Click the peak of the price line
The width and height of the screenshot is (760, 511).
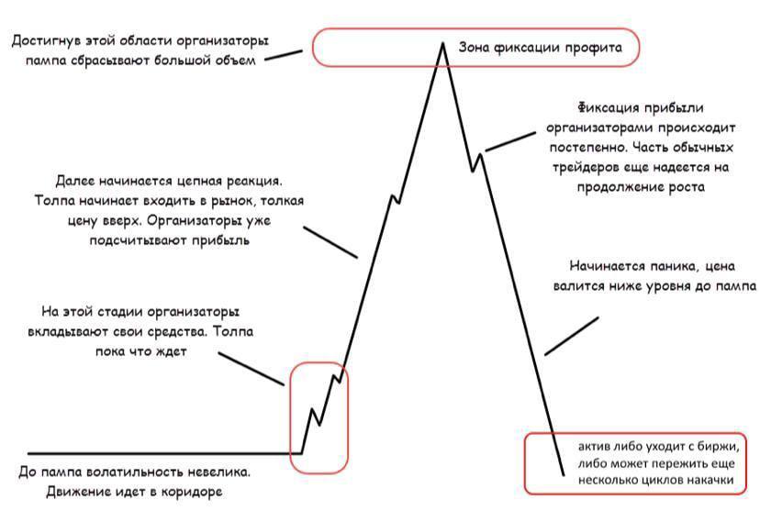coord(442,44)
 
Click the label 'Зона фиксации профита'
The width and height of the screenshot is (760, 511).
coord(540,48)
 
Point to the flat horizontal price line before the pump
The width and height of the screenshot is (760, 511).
coord(165,454)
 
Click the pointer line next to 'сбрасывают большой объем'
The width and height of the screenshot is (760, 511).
coord(284,55)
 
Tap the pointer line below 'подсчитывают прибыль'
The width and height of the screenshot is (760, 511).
coord(330,241)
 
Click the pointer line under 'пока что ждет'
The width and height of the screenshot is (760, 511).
coord(251,369)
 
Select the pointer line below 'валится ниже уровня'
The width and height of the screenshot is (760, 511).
coord(572,336)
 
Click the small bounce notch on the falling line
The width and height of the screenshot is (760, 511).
coord(477,161)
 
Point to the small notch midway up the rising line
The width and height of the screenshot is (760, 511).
coord(395,198)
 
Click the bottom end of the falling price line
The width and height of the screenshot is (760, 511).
coord(564,474)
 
